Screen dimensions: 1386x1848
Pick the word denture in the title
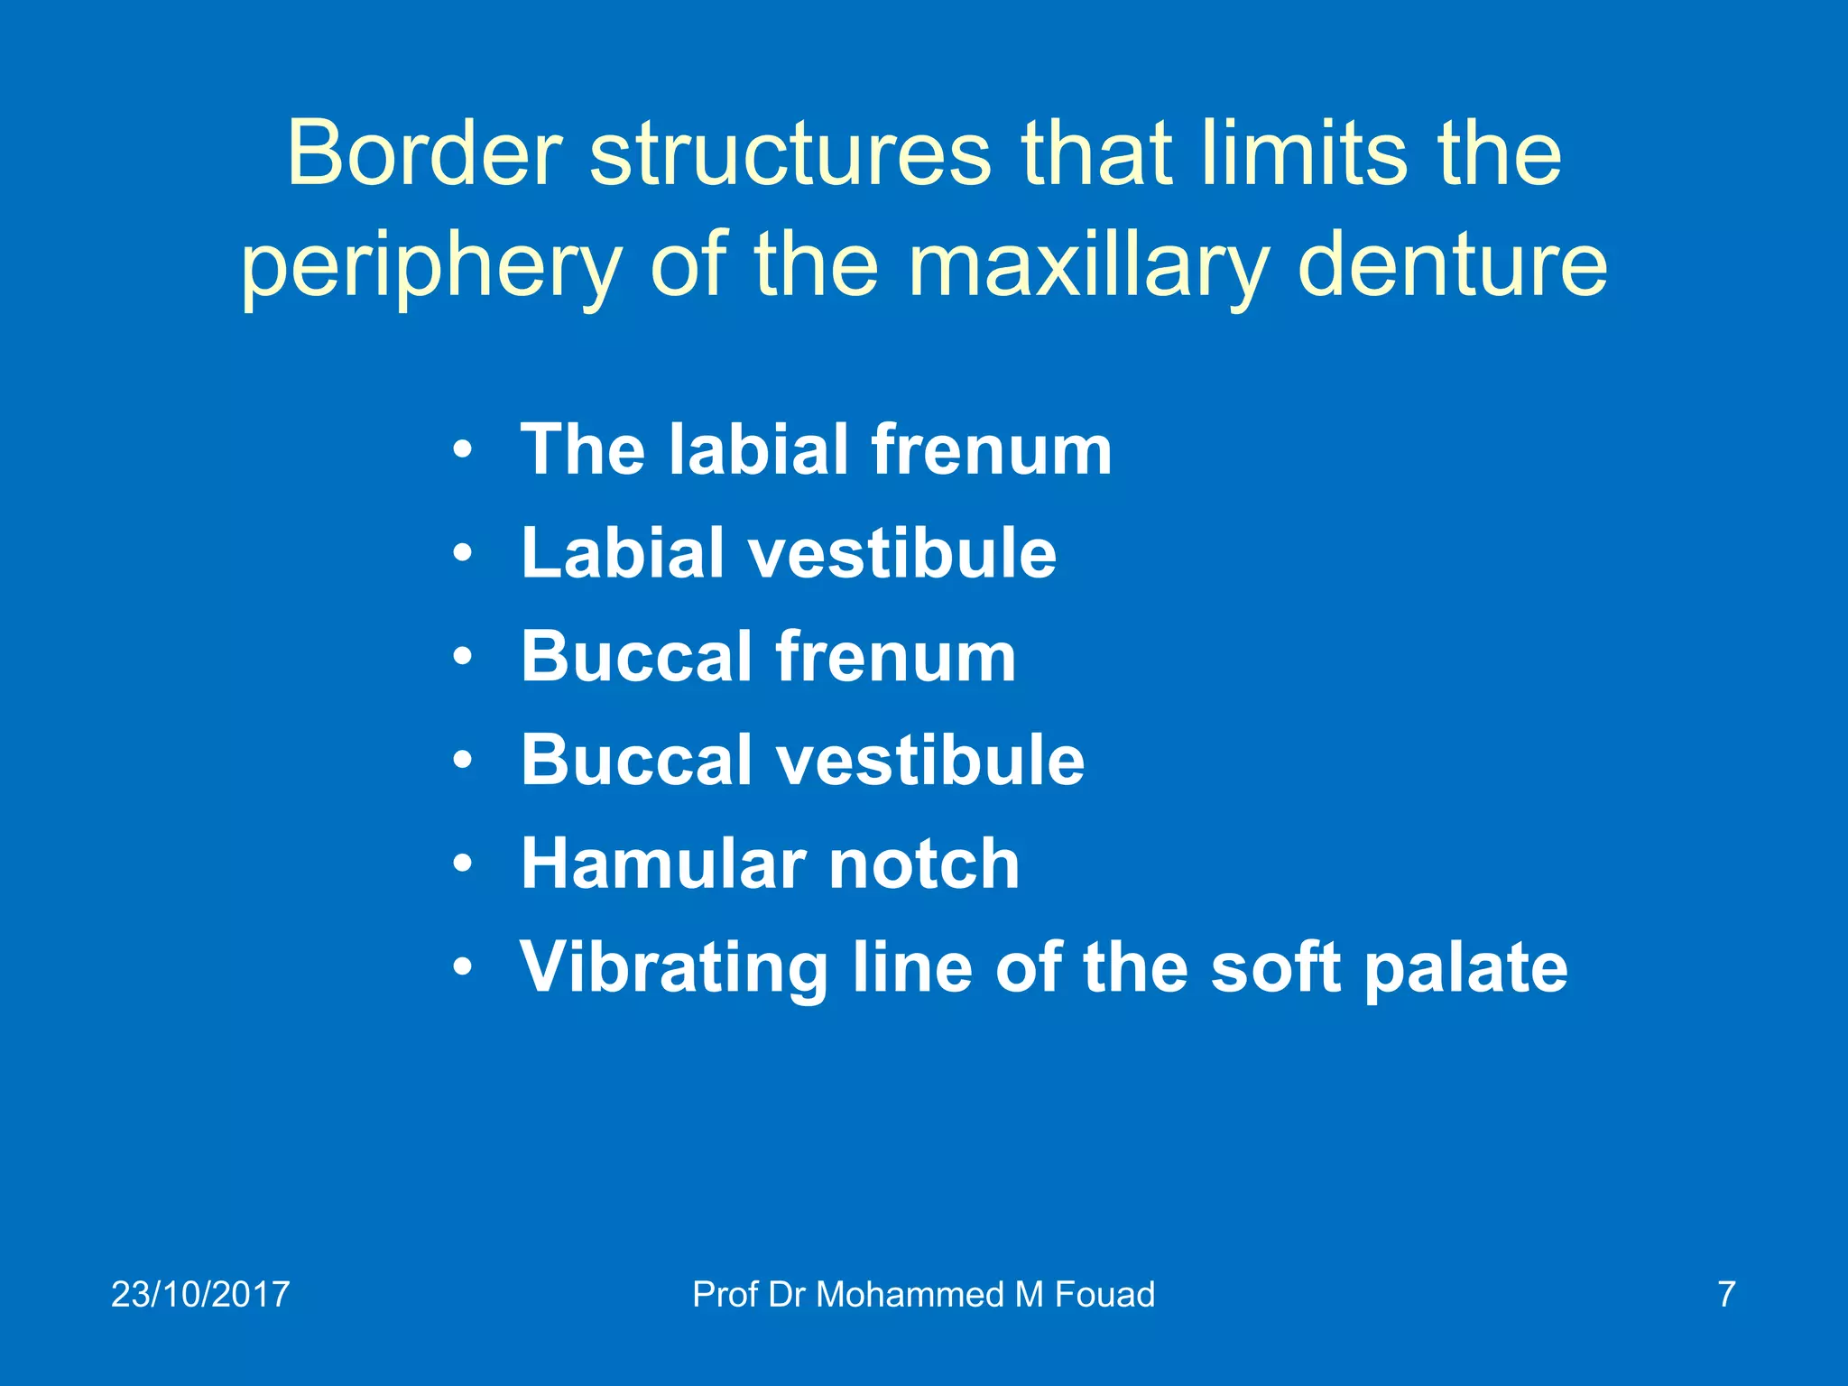[x=1452, y=265]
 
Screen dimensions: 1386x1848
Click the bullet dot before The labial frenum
[x=463, y=449]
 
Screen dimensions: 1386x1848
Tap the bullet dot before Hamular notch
[x=463, y=864]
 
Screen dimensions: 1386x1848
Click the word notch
[x=924, y=864]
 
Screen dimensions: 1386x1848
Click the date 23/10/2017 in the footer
[x=200, y=1294]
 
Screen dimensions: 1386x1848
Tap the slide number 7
[x=1726, y=1294]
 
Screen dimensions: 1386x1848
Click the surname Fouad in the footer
[x=1104, y=1294]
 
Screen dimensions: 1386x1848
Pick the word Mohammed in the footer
[x=910, y=1294]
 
